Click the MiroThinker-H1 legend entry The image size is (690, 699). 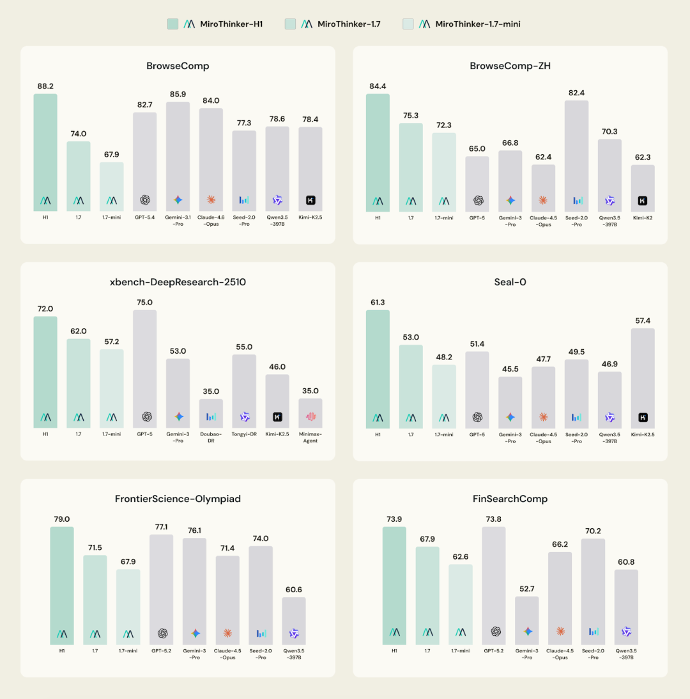coord(215,24)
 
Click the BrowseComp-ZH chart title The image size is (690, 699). coord(510,66)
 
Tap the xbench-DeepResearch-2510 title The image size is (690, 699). coord(178,282)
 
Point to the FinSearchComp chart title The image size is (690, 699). coord(510,499)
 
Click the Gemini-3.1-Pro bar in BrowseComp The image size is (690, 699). coord(178,156)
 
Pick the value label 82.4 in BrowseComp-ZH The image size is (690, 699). coord(576,93)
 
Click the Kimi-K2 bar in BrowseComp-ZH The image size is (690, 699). coord(643,188)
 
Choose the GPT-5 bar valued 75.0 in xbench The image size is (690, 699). coord(145,368)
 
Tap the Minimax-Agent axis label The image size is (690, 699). coord(310,437)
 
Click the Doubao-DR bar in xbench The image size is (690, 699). coord(211,413)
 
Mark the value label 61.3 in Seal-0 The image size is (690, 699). coord(378,302)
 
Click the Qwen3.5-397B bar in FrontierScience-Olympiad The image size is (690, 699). coord(294,620)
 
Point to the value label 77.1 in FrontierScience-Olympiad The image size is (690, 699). coord(162,527)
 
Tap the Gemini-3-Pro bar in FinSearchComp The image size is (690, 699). coord(527,620)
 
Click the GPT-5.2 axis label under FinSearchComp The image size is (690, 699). coord(494,650)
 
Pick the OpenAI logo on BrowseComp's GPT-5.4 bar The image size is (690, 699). coord(145,200)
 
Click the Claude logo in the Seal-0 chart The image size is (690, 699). coord(543,417)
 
